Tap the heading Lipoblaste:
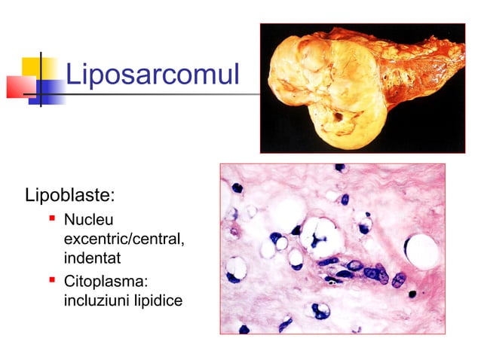[x=70, y=197]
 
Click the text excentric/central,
[x=124, y=239]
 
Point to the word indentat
[x=93, y=258]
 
